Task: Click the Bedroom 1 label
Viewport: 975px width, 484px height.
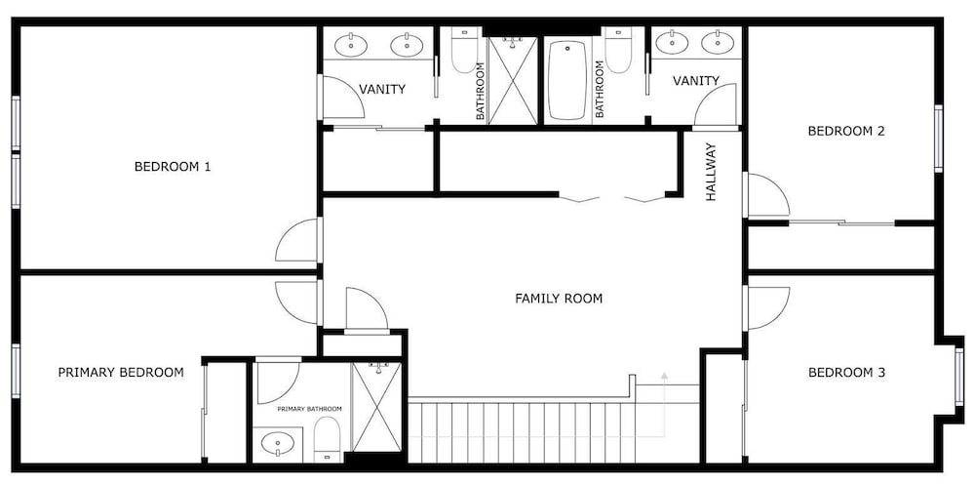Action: [173, 167]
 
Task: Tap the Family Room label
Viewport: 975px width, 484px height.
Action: [559, 299]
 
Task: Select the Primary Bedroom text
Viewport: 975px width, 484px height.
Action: [121, 373]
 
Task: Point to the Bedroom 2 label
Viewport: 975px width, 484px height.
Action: [846, 132]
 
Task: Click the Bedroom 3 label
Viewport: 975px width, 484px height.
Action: [846, 373]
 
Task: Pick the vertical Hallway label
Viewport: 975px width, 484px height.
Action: [712, 173]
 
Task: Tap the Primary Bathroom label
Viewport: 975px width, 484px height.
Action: [310, 409]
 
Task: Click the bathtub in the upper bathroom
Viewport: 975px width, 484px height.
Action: [567, 80]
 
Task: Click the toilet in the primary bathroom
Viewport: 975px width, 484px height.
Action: [327, 439]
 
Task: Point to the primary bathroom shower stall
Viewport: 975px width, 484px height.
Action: [376, 407]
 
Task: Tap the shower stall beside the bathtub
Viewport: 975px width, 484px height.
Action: [513, 81]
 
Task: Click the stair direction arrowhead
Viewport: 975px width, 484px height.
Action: [664, 376]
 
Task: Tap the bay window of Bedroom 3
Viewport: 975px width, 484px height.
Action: [958, 377]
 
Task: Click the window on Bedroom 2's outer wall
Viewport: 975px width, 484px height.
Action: [938, 139]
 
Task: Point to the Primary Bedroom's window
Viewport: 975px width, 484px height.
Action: [16, 371]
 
